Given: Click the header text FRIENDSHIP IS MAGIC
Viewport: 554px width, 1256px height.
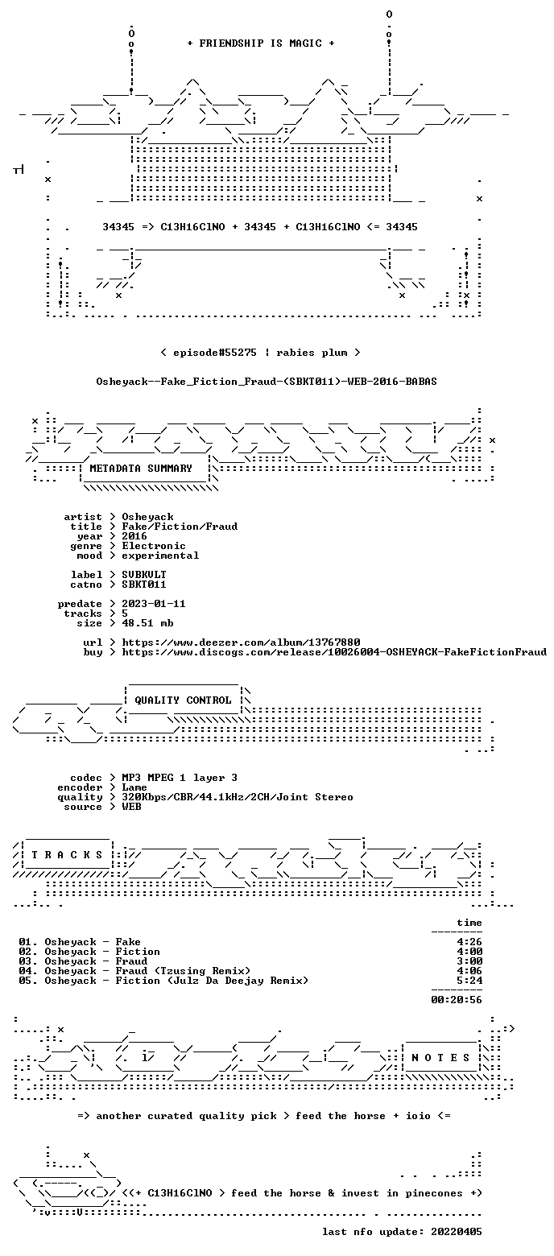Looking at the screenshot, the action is pyautogui.click(x=261, y=43).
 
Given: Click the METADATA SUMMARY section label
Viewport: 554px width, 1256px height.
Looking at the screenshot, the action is pyautogui.click(x=141, y=469).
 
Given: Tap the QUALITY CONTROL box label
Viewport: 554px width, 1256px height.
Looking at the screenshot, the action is pyautogui.click(x=183, y=700).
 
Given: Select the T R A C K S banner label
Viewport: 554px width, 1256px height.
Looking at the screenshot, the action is pyautogui.click(x=68, y=855).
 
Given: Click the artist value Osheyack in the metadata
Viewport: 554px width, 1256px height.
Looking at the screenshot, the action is pyautogui.click(x=148, y=517).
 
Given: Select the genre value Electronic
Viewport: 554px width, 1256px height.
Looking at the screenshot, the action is pyautogui.click(x=154, y=546).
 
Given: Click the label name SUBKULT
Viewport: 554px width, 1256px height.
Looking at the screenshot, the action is pyautogui.click(x=144, y=575).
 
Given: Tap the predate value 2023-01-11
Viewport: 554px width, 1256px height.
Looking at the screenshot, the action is pyautogui.click(x=154, y=604).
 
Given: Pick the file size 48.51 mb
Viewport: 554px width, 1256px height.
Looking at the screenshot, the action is pyautogui.click(x=148, y=623).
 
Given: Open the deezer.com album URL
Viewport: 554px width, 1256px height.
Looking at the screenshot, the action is pyautogui.click(x=241, y=642).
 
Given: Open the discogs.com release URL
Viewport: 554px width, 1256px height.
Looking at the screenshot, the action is pyautogui.click(x=334, y=652).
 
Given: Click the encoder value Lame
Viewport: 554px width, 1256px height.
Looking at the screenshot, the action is pyautogui.click(x=134, y=787).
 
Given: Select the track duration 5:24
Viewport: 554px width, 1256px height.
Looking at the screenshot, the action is pyautogui.click(x=470, y=981).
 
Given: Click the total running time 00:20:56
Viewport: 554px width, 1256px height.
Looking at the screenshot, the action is pyautogui.click(x=457, y=1000).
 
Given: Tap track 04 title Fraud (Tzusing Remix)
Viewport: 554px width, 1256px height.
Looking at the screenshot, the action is pyautogui.click(x=184, y=971).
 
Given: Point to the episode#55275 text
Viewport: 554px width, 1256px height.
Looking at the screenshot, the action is pyautogui.click(x=215, y=353).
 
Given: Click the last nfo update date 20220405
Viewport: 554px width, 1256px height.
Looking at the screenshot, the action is pyautogui.click(x=457, y=1232).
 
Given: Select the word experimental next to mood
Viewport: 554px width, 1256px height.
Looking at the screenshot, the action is pyautogui.click(x=160, y=556).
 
